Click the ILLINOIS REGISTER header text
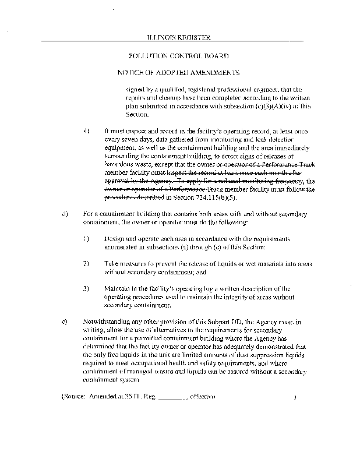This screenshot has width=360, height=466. [178, 38]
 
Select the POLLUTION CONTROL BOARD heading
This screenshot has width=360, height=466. [179, 56]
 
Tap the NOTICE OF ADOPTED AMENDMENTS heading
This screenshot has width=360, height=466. [179, 73]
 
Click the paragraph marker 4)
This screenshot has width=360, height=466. [87, 132]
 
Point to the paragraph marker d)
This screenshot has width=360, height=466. [65, 216]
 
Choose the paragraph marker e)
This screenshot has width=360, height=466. [65, 321]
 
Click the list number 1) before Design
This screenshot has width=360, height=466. [86, 239]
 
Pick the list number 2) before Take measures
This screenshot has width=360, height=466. [86, 263]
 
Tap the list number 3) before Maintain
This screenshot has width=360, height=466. [86, 288]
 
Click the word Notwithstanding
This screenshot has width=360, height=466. [110, 321]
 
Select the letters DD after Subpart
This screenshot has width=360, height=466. [242, 321]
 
